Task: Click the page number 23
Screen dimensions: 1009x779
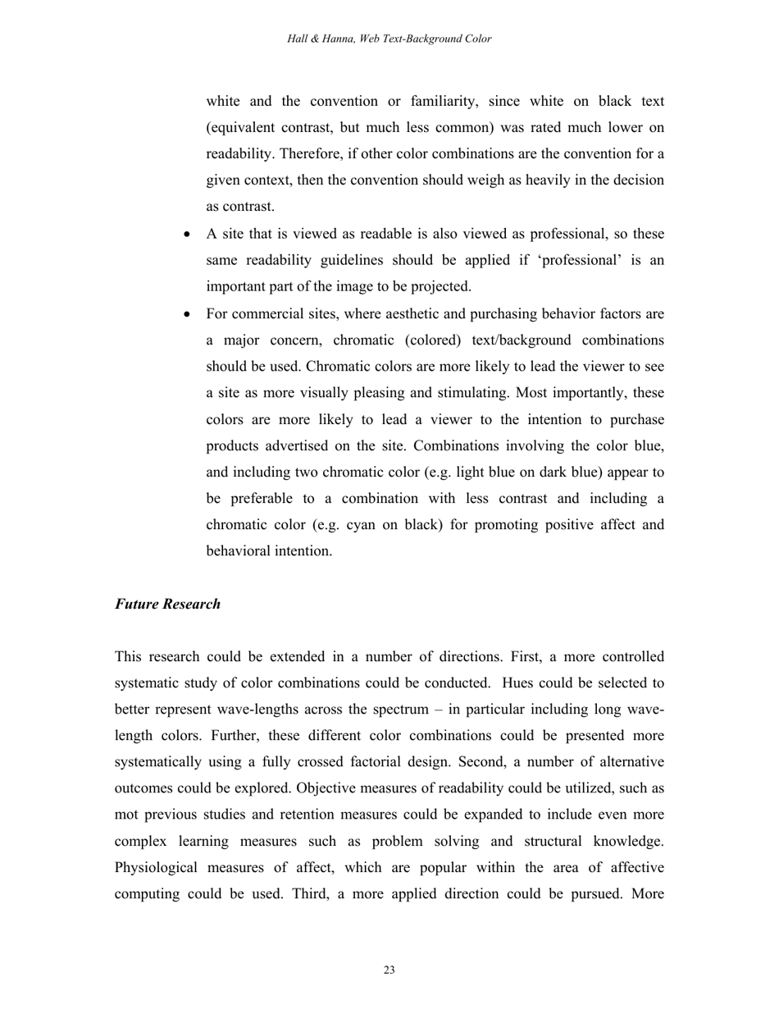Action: [x=389, y=970]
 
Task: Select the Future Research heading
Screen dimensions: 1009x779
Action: [x=167, y=604]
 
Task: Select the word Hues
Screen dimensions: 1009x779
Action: [x=519, y=683]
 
